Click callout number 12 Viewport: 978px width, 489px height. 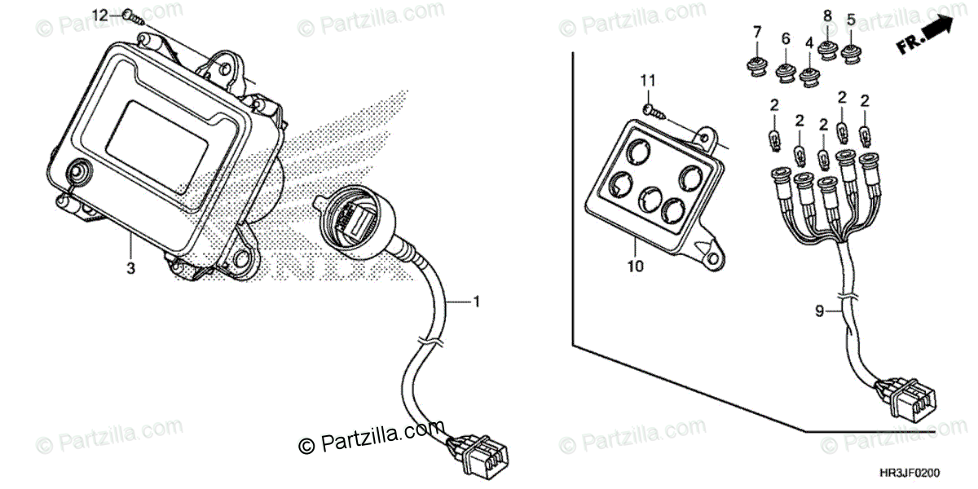[99, 15]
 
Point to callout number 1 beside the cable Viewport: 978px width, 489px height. [477, 302]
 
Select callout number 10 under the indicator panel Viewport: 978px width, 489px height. [636, 266]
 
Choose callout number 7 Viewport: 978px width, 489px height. [756, 32]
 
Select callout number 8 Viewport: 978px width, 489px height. [826, 15]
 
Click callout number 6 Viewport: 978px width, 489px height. [786, 38]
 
